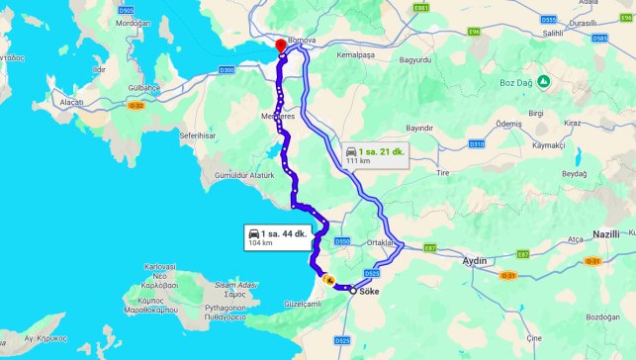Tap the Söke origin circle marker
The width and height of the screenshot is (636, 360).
pyautogui.click(x=353, y=291)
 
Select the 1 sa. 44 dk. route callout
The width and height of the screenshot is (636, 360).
pyautogui.click(x=278, y=235)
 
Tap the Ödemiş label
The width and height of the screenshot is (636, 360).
pyautogui.click(x=508, y=123)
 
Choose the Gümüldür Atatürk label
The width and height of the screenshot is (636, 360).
pyautogui.click(x=236, y=176)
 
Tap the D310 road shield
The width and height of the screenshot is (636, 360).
pyautogui.click(x=477, y=144)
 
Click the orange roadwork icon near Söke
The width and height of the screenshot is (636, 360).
pyautogui.click(x=329, y=280)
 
